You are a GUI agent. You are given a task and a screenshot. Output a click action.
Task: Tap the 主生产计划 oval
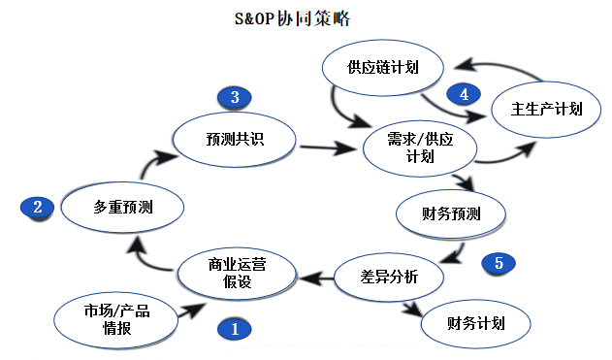pyautogui.click(x=546, y=109)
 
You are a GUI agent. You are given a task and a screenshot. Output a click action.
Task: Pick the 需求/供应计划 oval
pyautogui.click(x=420, y=147)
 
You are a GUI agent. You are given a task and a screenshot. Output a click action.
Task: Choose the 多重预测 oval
pyautogui.click(x=123, y=206)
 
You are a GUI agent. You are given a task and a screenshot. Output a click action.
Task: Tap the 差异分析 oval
pyautogui.click(x=389, y=278)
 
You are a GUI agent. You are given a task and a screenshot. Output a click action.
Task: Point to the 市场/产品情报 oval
pyautogui.click(x=117, y=318)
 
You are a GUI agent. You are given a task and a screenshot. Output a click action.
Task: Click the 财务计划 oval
pyautogui.click(x=476, y=323)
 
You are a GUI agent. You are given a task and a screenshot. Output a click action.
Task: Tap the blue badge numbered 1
pyautogui.click(x=234, y=328)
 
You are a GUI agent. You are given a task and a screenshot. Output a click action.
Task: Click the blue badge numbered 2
pyautogui.click(x=37, y=207)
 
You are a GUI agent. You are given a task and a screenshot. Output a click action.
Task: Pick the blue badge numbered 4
pyautogui.click(x=464, y=94)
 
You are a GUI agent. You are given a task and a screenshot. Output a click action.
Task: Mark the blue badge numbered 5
pyautogui.click(x=499, y=263)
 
